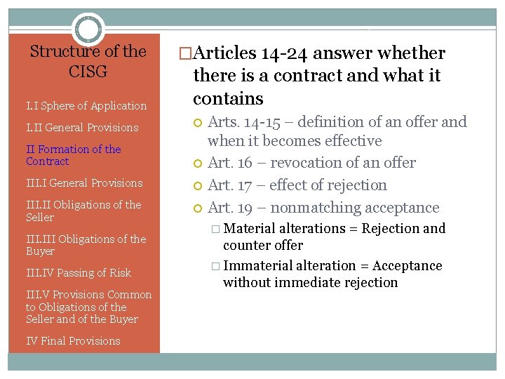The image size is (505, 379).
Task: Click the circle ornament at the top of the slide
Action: pyautogui.click(x=88, y=29)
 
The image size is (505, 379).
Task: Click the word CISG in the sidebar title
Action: pyautogui.click(x=88, y=72)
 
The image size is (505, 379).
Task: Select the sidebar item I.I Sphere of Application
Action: pyautogui.click(x=86, y=106)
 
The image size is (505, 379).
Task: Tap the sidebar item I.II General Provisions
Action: pyautogui.click(x=82, y=128)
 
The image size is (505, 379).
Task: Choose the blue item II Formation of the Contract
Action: pyautogui.click(x=73, y=155)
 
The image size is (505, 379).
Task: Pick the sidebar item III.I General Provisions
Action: pyautogui.click(x=84, y=183)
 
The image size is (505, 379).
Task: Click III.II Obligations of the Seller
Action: pyautogui.click(x=83, y=211)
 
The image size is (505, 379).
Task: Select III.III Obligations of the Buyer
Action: pyautogui.click(x=86, y=245)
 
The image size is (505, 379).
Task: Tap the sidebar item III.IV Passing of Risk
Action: pyautogui.click(x=79, y=273)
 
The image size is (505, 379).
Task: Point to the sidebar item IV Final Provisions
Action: pyautogui.click(x=73, y=341)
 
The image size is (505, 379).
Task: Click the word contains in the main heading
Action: pyautogui.click(x=228, y=98)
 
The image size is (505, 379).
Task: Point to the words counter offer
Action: pyautogui.click(x=263, y=246)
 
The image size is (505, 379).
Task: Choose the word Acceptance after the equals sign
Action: pyautogui.click(x=408, y=266)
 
